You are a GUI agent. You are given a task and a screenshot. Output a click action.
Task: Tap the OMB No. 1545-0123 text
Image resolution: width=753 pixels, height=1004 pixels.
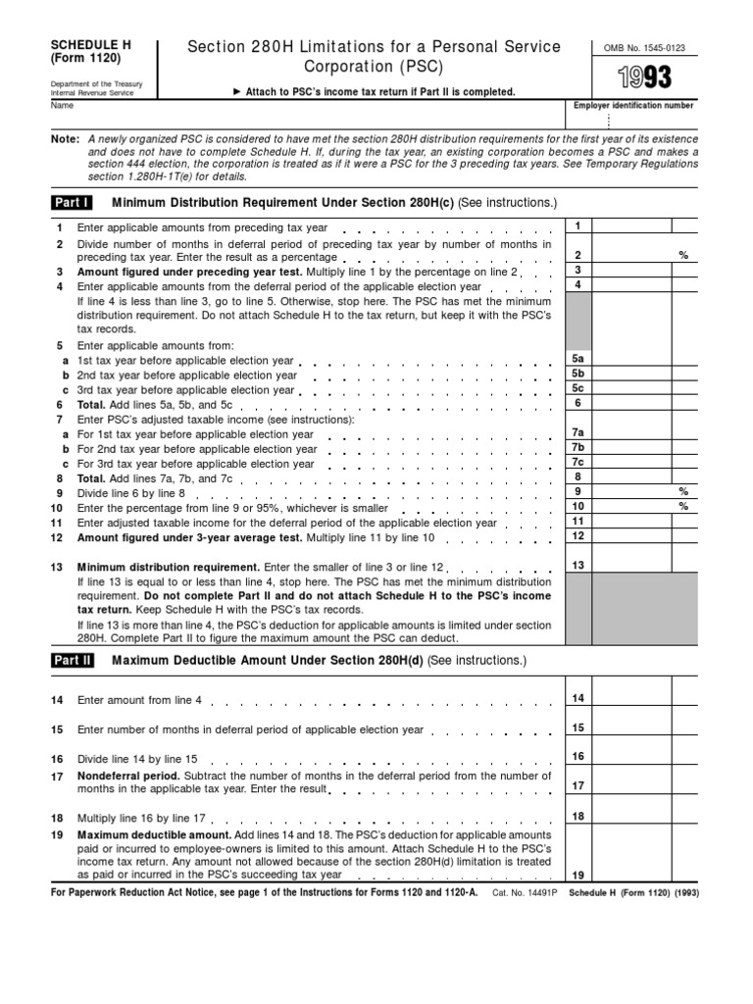click(643, 47)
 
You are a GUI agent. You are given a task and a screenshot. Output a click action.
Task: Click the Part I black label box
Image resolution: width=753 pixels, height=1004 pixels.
click(72, 202)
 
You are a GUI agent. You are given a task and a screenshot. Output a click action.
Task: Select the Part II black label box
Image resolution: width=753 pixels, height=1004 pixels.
click(73, 660)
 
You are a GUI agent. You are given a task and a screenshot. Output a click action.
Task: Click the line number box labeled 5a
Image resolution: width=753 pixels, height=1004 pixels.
click(577, 360)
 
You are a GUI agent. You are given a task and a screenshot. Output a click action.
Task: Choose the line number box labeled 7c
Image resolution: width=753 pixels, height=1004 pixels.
click(577, 462)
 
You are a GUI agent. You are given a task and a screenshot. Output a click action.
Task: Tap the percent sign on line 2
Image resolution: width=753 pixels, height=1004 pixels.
click(683, 255)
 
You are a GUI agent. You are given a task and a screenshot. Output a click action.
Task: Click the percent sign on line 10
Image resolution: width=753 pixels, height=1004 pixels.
click(683, 507)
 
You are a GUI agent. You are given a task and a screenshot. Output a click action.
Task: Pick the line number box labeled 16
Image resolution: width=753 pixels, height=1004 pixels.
click(577, 756)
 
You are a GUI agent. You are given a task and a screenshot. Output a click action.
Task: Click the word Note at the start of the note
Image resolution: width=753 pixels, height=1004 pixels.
click(65, 139)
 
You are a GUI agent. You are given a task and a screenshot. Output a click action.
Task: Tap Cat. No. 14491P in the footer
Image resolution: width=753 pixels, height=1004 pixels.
click(526, 892)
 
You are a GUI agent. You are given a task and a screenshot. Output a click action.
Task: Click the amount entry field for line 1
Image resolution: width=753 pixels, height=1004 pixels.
click(632, 226)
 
